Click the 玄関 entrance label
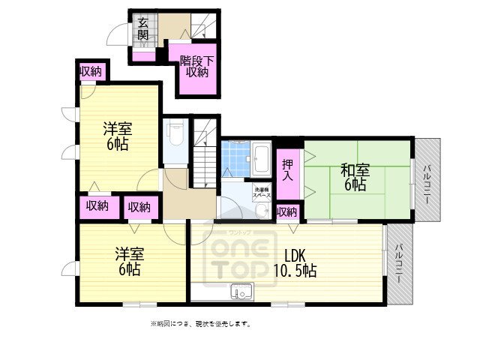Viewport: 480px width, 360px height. (x=142, y=31)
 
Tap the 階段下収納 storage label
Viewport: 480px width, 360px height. (x=196, y=66)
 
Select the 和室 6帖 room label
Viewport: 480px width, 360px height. (x=354, y=177)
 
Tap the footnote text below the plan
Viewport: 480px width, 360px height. (x=200, y=324)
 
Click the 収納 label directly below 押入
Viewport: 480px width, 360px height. (x=286, y=212)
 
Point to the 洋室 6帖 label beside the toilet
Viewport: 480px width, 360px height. (x=116, y=136)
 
